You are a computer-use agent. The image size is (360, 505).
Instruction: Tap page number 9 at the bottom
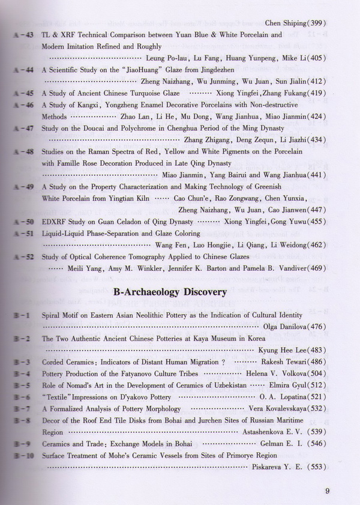click(x=328, y=491)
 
